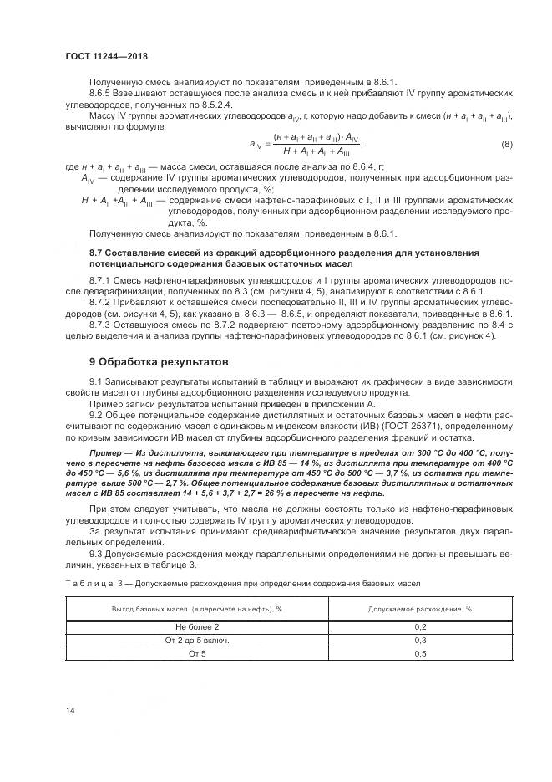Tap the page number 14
coord(70,710)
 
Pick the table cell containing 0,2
coord(420,626)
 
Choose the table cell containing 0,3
coord(420,640)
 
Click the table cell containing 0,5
coord(420,653)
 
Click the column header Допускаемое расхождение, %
coord(420,609)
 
